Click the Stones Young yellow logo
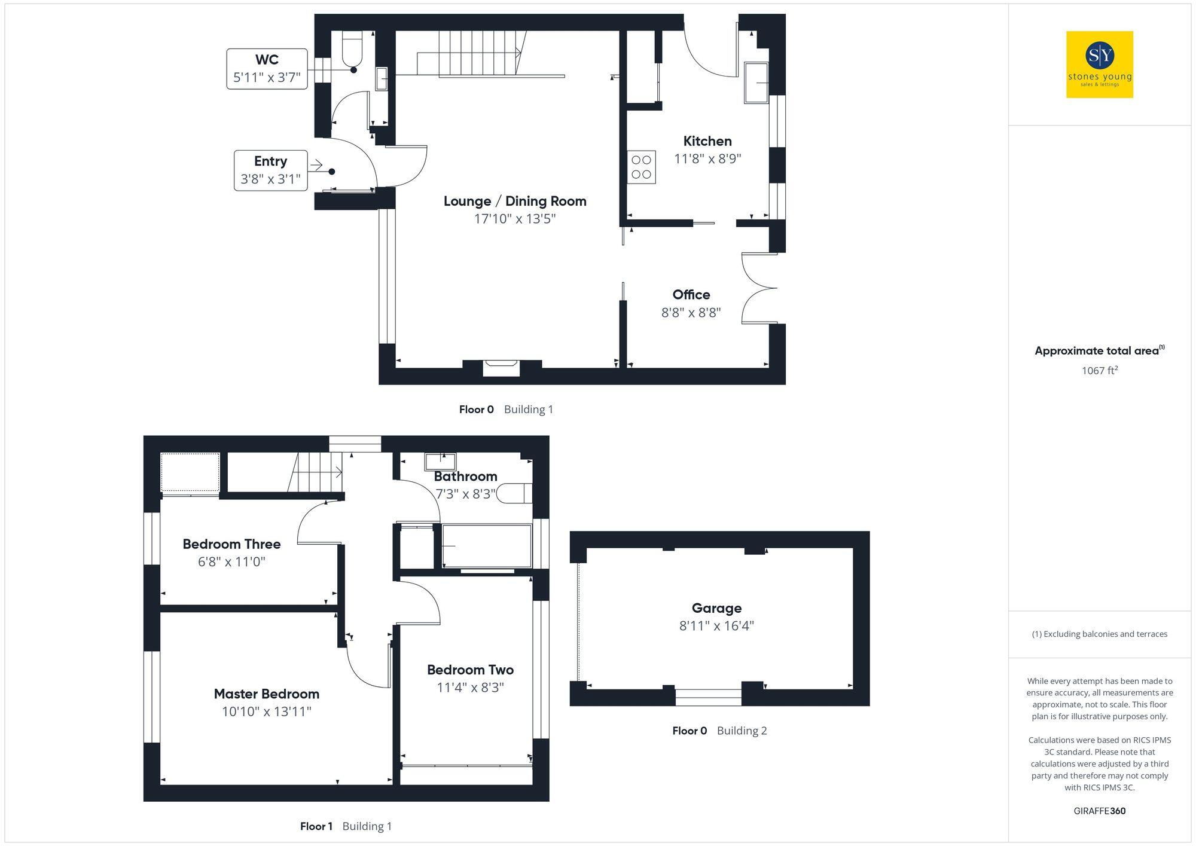tap(1099, 65)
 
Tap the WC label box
tap(267, 69)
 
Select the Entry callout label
tap(270, 170)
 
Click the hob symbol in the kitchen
tap(641, 167)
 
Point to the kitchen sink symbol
tap(756, 83)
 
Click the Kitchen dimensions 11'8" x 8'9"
tap(707, 159)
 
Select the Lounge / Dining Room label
tap(515, 201)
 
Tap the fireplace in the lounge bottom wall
tap(501, 367)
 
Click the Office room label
tap(691, 295)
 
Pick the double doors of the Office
tap(758, 289)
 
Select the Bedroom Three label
tap(231, 544)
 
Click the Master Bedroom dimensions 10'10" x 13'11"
tap(267, 711)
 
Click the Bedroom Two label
tap(470, 670)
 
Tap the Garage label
tap(716, 608)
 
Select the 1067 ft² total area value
tap(1099, 371)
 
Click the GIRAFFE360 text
tap(1099, 811)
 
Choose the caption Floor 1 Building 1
tap(346, 826)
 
